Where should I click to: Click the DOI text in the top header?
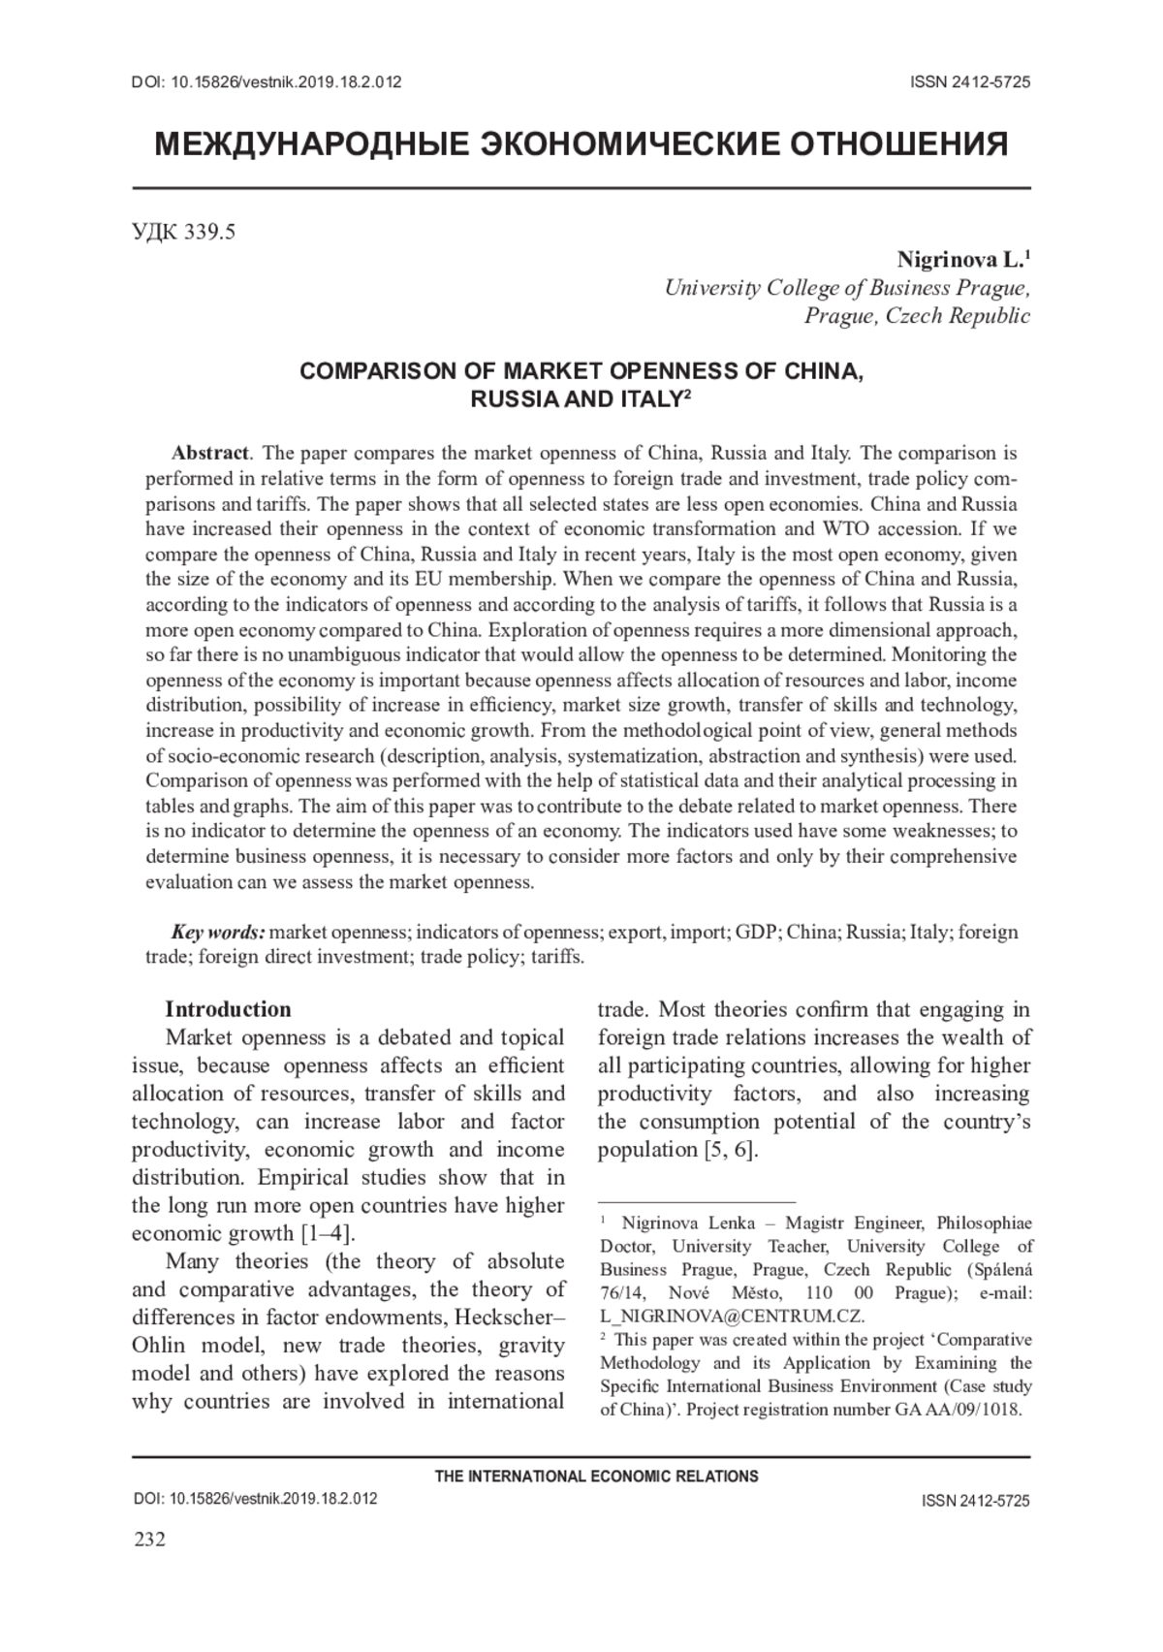click(x=266, y=82)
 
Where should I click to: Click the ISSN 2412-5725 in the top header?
click(x=969, y=82)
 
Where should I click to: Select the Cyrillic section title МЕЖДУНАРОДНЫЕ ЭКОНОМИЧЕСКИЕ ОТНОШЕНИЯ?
click(x=581, y=144)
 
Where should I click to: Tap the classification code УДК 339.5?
click(x=183, y=233)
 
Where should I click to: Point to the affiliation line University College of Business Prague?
click(x=846, y=288)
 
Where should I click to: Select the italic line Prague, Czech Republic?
click(x=917, y=316)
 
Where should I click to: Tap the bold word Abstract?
click(x=210, y=453)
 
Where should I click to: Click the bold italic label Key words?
click(x=217, y=933)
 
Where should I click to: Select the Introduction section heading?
click(x=228, y=1009)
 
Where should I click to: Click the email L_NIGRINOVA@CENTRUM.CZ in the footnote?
click(x=733, y=1317)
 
